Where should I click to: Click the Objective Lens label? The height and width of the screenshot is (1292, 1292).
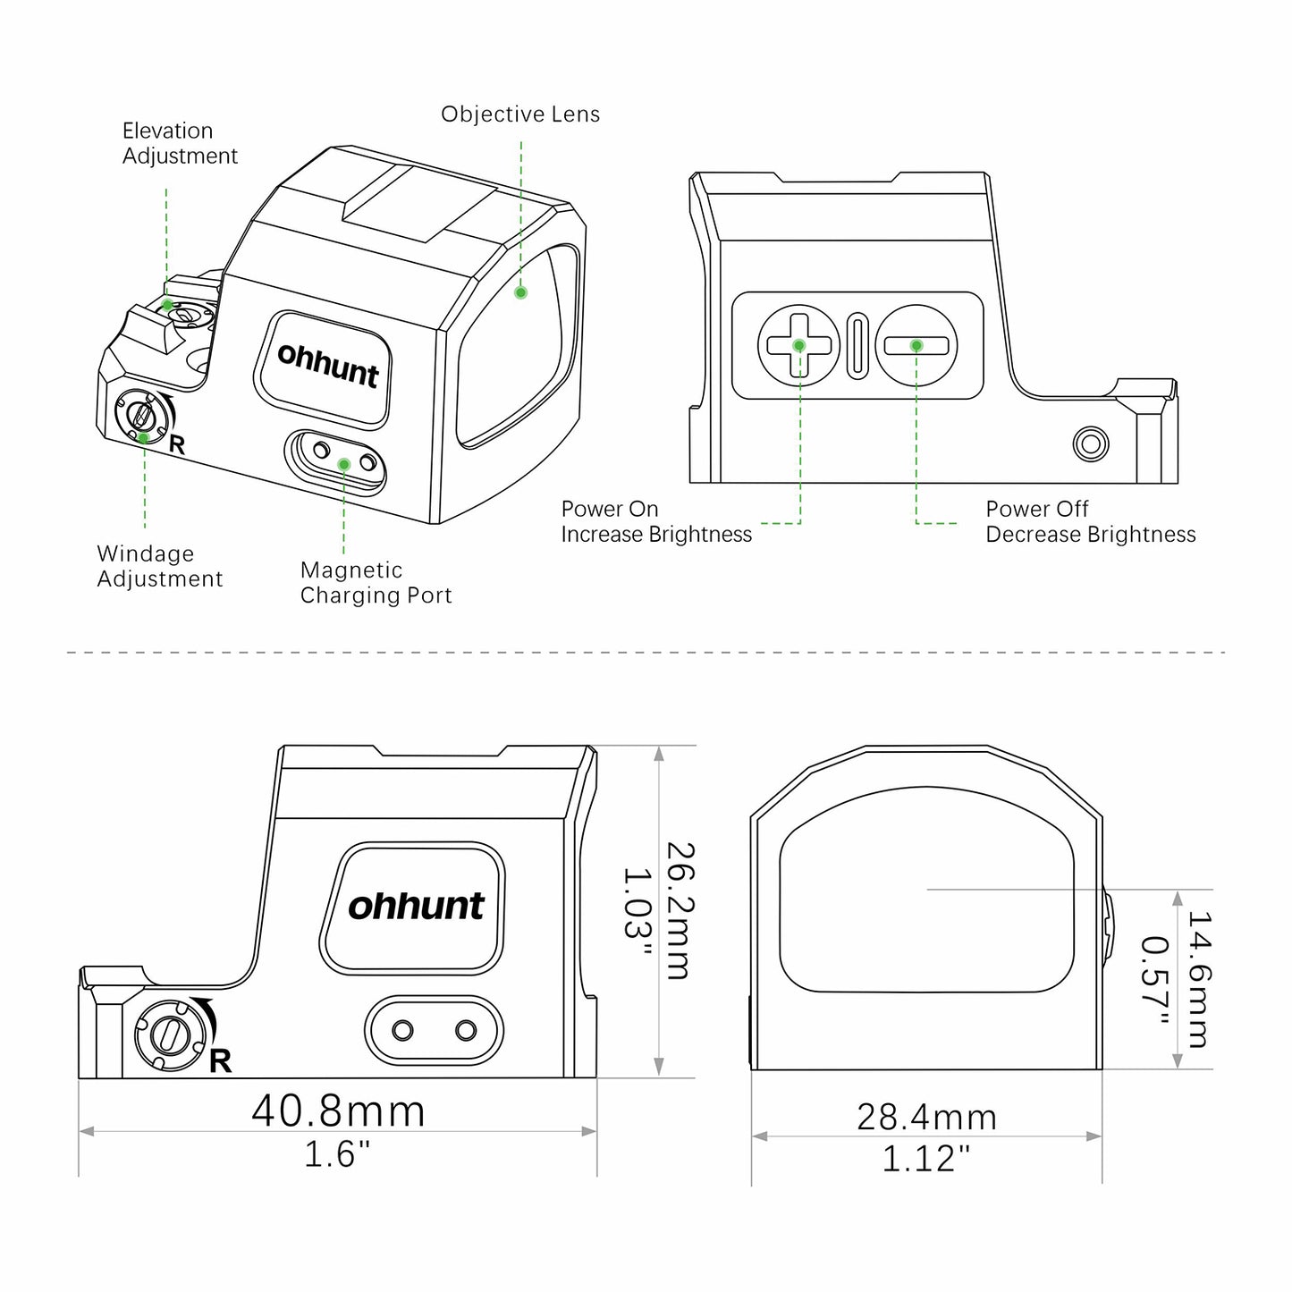[519, 114]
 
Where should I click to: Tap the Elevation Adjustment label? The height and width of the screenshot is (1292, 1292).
[180, 143]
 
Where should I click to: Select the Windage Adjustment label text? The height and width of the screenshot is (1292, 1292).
[159, 566]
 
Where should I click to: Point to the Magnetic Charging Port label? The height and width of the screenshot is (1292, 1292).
[376, 583]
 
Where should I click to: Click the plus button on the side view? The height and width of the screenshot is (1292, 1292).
[798, 345]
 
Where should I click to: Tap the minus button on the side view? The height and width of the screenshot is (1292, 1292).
[916, 345]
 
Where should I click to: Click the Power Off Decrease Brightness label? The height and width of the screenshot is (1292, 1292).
[1090, 521]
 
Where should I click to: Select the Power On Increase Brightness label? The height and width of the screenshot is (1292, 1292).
[656, 521]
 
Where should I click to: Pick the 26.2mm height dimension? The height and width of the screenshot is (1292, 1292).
[680, 910]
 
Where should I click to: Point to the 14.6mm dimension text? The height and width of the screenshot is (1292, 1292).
[1199, 979]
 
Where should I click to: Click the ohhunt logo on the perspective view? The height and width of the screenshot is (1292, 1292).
[328, 366]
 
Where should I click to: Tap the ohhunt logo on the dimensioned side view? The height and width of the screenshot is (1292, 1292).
[416, 907]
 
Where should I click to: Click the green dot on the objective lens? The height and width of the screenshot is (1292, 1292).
[520, 292]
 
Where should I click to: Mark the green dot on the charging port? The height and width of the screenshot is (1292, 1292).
[344, 464]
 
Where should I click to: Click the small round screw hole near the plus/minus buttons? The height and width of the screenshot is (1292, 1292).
[1090, 443]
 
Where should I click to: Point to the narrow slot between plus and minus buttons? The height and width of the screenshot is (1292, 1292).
[857, 346]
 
